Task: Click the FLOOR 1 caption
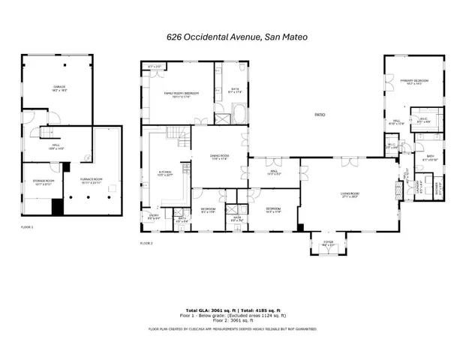(27, 226)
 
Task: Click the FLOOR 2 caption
(147, 244)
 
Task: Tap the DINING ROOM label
(219, 157)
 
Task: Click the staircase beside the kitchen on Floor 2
(174, 136)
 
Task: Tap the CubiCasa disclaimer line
(233, 328)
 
